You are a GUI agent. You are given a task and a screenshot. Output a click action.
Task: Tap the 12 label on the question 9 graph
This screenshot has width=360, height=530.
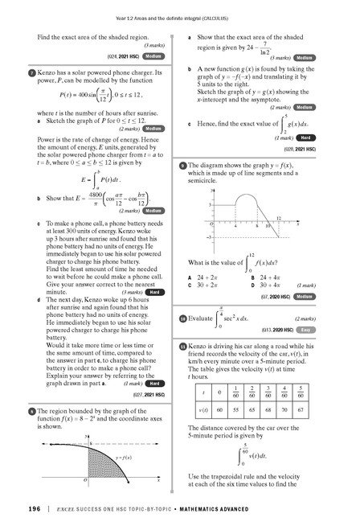coord(278,218)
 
